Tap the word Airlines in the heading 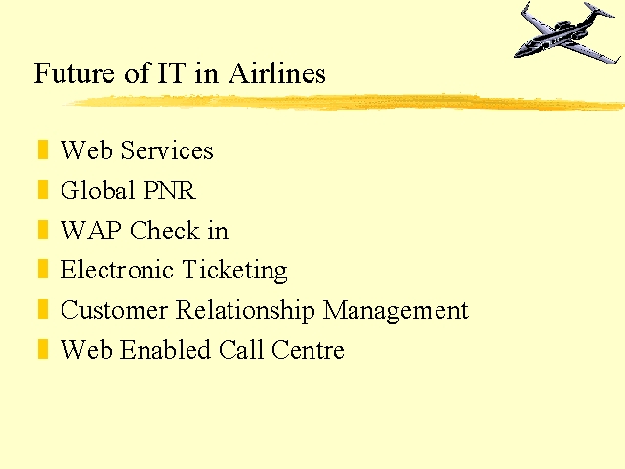click(x=277, y=73)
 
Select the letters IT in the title click(x=172, y=73)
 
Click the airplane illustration click(x=567, y=32)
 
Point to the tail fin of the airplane click(x=599, y=11)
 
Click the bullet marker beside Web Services click(x=43, y=149)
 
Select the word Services click(x=167, y=150)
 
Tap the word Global click(x=98, y=190)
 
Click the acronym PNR click(x=169, y=191)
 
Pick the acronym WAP click(x=91, y=231)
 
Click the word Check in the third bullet click(x=165, y=231)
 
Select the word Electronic click(x=117, y=270)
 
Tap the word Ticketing click(x=234, y=271)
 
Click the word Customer click(x=114, y=310)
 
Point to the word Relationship click(x=245, y=311)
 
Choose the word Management click(x=396, y=311)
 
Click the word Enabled click(x=165, y=350)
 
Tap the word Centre click(x=308, y=350)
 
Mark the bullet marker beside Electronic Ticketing click(x=43, y=269)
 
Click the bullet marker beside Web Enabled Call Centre click(x=43, y=349)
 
